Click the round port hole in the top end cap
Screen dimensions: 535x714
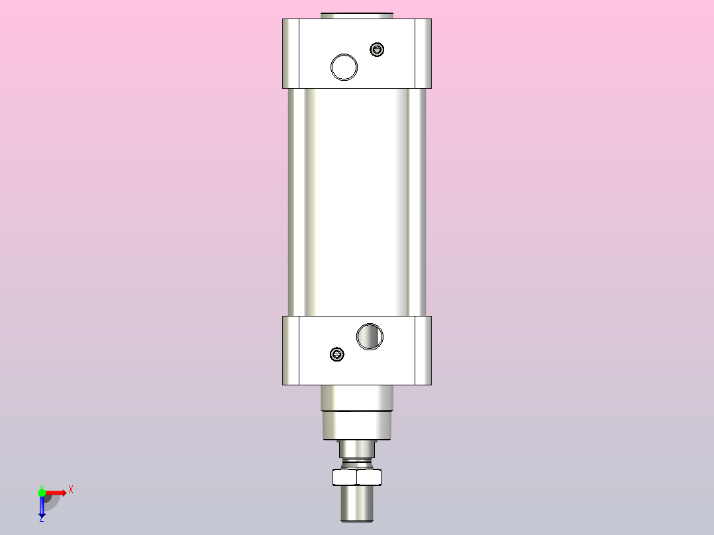click(344, 67)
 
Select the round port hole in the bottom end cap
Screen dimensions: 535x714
click(370, 336)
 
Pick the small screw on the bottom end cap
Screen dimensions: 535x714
click(337, 354)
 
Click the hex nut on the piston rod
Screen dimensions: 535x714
click(357, 477)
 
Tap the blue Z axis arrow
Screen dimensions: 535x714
click(42, 506)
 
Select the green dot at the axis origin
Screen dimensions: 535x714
click(42, 492)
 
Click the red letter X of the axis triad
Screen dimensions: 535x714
click(70, 490)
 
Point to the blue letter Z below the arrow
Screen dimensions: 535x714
click(41, 519)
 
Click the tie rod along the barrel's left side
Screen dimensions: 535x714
click(297, 202)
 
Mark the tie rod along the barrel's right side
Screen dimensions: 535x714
click(417, 202)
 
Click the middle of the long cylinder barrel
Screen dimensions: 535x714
click(357, 202)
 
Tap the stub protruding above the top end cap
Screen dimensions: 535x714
click(357, 15)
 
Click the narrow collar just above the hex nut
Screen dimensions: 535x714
click(357, 450)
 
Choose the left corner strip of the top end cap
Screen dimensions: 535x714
click(291, 53)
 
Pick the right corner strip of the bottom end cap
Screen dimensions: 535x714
click(423, 350)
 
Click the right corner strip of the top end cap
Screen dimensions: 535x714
click(423, 53)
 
